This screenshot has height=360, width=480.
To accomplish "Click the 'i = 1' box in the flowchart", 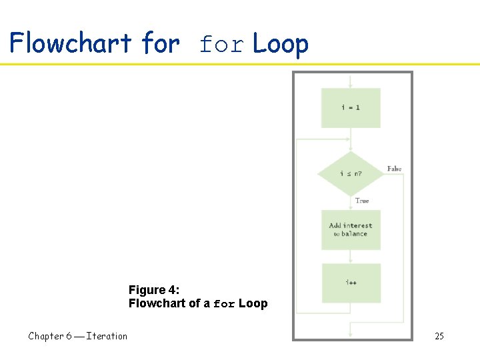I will [x=351, y=107].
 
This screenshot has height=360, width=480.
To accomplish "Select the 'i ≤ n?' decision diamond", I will [x=351, y=174].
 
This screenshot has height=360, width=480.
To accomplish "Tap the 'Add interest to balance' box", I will [x=351, y=230].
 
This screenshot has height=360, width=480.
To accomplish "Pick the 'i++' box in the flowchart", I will [x=351, y=283].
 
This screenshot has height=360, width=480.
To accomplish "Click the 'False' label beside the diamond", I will [x=395, y=169].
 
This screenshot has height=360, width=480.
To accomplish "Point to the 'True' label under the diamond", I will [x=362, y=201].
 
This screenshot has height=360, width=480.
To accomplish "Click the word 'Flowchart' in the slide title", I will [x=71, y=44].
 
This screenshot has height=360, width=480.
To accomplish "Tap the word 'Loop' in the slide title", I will [x=281, y=44].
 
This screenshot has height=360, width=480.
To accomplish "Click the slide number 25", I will [x=439, y=336].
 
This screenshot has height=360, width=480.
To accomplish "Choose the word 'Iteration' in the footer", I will [x=107, y=336].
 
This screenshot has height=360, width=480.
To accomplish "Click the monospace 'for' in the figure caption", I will [x=224, y=304].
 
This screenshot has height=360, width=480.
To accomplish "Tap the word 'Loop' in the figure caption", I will [x=253, y=303].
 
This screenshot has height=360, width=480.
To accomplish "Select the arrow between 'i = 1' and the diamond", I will [x=351, y=141].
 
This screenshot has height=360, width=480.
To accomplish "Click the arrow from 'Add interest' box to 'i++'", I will [x=351, y=257].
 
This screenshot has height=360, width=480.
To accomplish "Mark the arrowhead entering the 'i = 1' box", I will [x=351, y=85].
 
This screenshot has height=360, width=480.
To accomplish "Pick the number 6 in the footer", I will [x=69, y=336].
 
